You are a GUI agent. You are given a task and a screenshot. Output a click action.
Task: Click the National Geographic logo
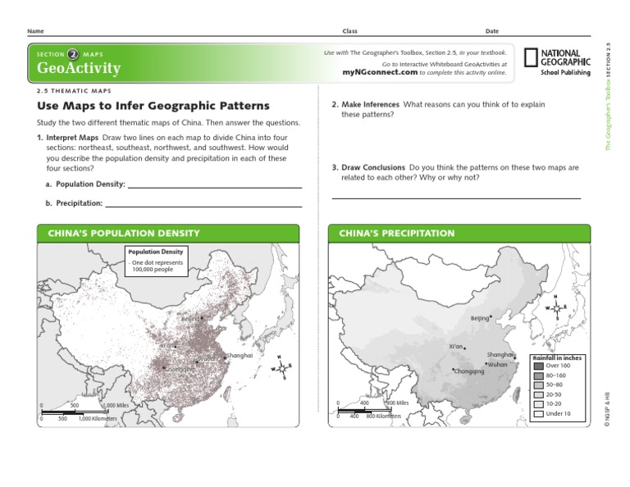[x=558, y=62]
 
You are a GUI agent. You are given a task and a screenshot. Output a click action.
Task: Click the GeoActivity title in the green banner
[x=79, y=69]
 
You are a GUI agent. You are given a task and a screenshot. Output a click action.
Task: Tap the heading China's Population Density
[x=124, y=234]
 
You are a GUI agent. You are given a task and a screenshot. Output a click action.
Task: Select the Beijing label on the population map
[x=189, y=319]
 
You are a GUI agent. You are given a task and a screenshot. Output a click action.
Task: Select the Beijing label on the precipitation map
[x=480, y=318]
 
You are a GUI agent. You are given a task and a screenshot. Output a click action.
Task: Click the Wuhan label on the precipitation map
[x=497, y=364]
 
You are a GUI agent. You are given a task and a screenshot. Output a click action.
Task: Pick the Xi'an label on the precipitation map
[x=457, y=347]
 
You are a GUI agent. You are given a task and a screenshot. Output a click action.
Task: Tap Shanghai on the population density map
[x=240, y=356]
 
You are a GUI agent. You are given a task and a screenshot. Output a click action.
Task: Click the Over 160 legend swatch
[x=538, y=366]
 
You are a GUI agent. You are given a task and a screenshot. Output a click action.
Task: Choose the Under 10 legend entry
[x=558, y=413]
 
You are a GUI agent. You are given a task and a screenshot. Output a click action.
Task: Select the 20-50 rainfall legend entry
[x=554, y=394]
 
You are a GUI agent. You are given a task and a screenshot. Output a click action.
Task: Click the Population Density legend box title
[x=155, y=252]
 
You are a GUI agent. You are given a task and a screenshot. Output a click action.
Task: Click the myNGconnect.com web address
[x=380, y=72]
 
